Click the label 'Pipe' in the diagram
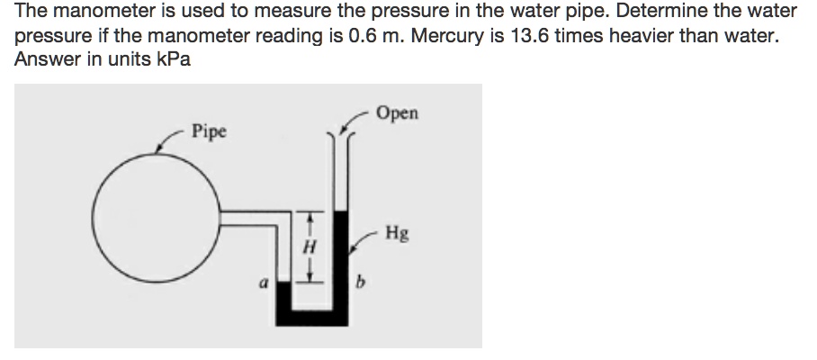tap(210, 132)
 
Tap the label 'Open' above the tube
tap(398, 114)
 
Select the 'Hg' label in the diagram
tap(396, 235)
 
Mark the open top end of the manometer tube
tap(341, 135)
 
